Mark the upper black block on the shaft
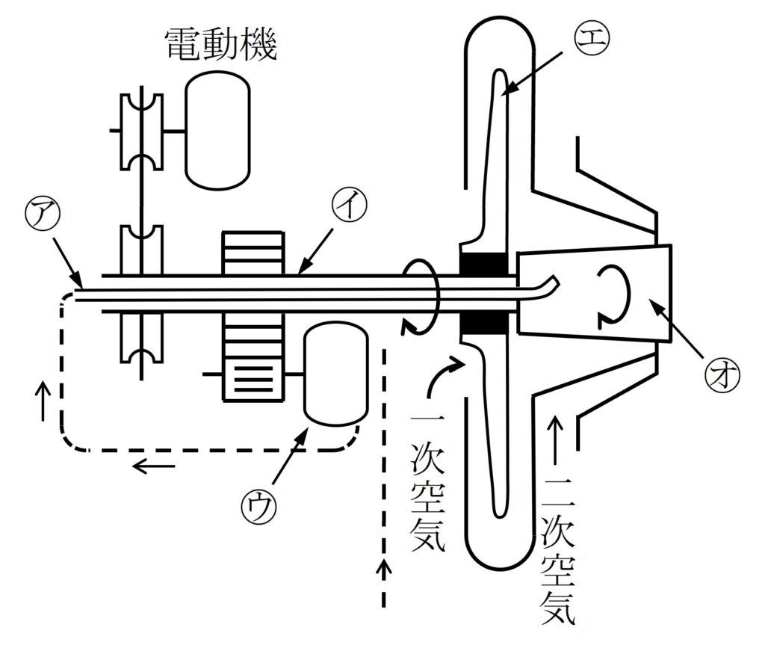click(x=486, y=263)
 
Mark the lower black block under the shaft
click(x=486, y=322)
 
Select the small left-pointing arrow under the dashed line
click(x=153, y=467)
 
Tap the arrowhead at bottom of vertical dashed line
click(x=385, y=569)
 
